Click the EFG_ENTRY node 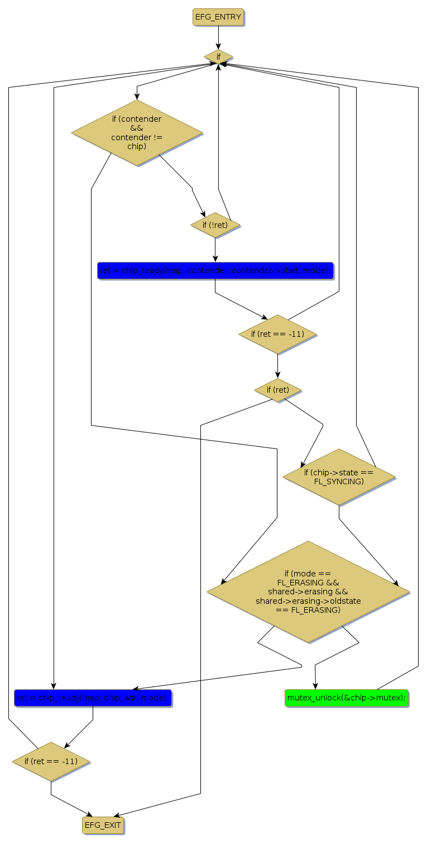(x=218, y=17)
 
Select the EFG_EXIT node (x=102, y=824)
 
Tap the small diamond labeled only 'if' (x=218, y=56)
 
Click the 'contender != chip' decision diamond (x=137, y=133)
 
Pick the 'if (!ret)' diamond (x=215, y=225)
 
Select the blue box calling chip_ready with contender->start (x=215, y=270)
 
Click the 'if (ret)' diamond (x=277, y=389)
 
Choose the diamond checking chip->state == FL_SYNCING (x=339, y=476)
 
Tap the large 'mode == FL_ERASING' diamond (x=308, y=592)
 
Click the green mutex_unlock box (x=347, y=698)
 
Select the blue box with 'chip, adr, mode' (x=93, y=698)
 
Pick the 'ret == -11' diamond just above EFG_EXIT (x=51, y=761)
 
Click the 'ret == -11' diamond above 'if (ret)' (x=277, y=334)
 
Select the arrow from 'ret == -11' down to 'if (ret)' (x=277, y=366)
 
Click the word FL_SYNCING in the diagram (x=339, y=481)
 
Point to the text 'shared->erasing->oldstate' (x=308, y=601)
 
